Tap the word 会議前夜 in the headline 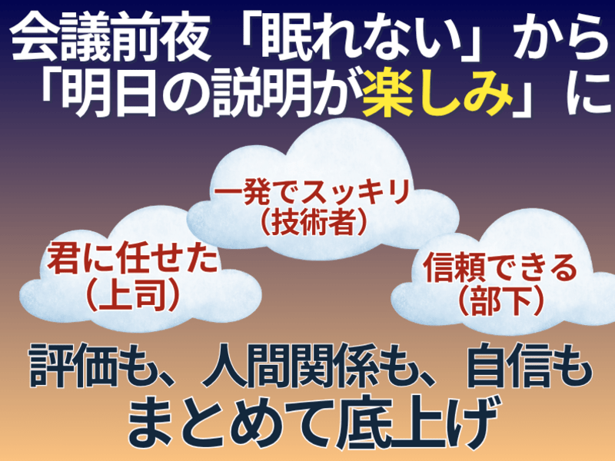tap(110, 39)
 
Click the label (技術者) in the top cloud tap(313, 222)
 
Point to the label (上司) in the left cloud tap(132, 297)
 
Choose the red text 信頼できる tap(500, 268)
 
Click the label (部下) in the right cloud tap(500, 302)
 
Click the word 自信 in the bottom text tap(510, 366)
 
